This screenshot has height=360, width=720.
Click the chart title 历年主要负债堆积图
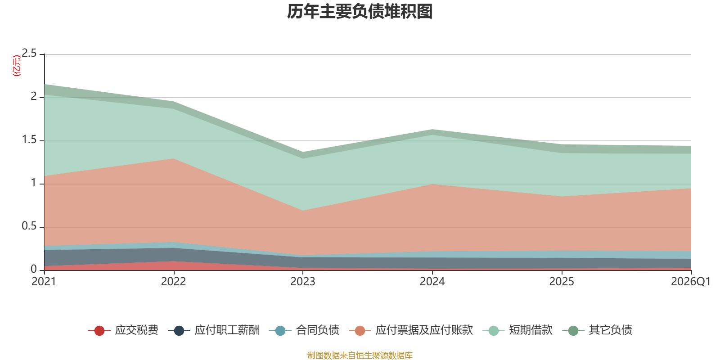[360, 12]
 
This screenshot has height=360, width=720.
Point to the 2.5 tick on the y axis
[30, 54]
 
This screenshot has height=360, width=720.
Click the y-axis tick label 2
[34, 96]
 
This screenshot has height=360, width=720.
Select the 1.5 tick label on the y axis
[30, 140]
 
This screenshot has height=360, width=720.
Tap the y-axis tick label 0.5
[30, 226]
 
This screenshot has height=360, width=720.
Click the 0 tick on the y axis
[34, 269]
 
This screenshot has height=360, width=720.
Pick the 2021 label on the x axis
[44, 282]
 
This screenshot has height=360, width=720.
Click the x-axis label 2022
[173, 282]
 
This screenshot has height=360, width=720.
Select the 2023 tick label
[302, 282]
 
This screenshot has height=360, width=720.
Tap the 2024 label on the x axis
[432, 282]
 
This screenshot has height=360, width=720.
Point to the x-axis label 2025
[562, 282]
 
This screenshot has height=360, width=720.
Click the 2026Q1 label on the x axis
[690, 282]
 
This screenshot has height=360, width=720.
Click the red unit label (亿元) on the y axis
[17, 66]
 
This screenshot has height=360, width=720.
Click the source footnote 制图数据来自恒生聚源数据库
[360, 355]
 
